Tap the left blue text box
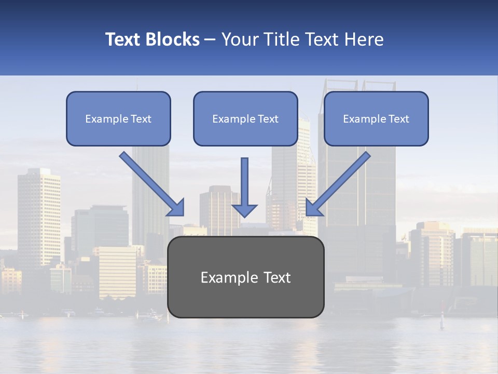118,118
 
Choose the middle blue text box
245,118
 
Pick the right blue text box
376,118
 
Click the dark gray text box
246,277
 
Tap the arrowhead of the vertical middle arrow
244,210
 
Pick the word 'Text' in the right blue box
399,119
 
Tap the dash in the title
210,40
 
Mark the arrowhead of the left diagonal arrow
177,208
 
